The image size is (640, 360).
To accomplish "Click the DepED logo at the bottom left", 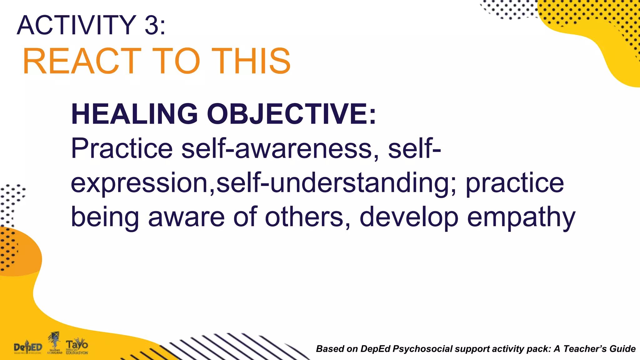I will click(x=28, y=347).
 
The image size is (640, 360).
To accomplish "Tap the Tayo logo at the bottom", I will click(x=77, y=346).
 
